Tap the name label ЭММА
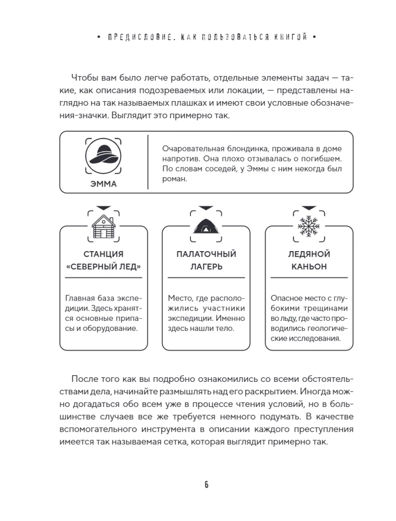[x=103, y=184]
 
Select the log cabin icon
[x=103, y=226]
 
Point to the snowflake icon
[x=309, y=226]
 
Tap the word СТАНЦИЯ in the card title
[x=103, y=254]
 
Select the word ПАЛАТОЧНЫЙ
[x=206, y=254]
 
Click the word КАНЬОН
[x=309, y=267]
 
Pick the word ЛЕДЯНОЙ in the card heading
[x=309, y=254]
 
